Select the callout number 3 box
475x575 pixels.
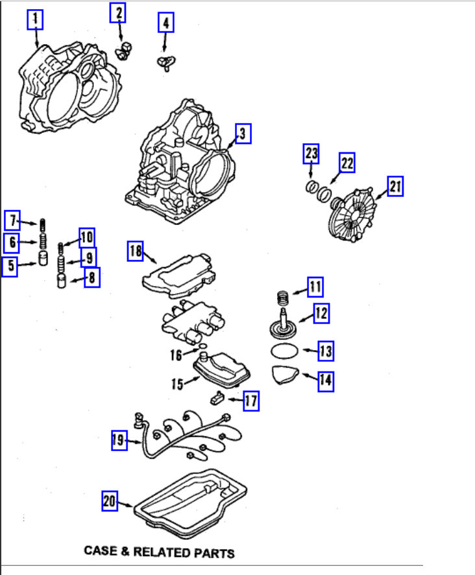(241, 134)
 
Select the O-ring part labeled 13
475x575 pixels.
(284, 353)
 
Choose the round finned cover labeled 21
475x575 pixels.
(350, 214)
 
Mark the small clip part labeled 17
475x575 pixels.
(217, 399)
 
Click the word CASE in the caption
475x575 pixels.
(101, 552)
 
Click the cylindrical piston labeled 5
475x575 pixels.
(43, 261)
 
